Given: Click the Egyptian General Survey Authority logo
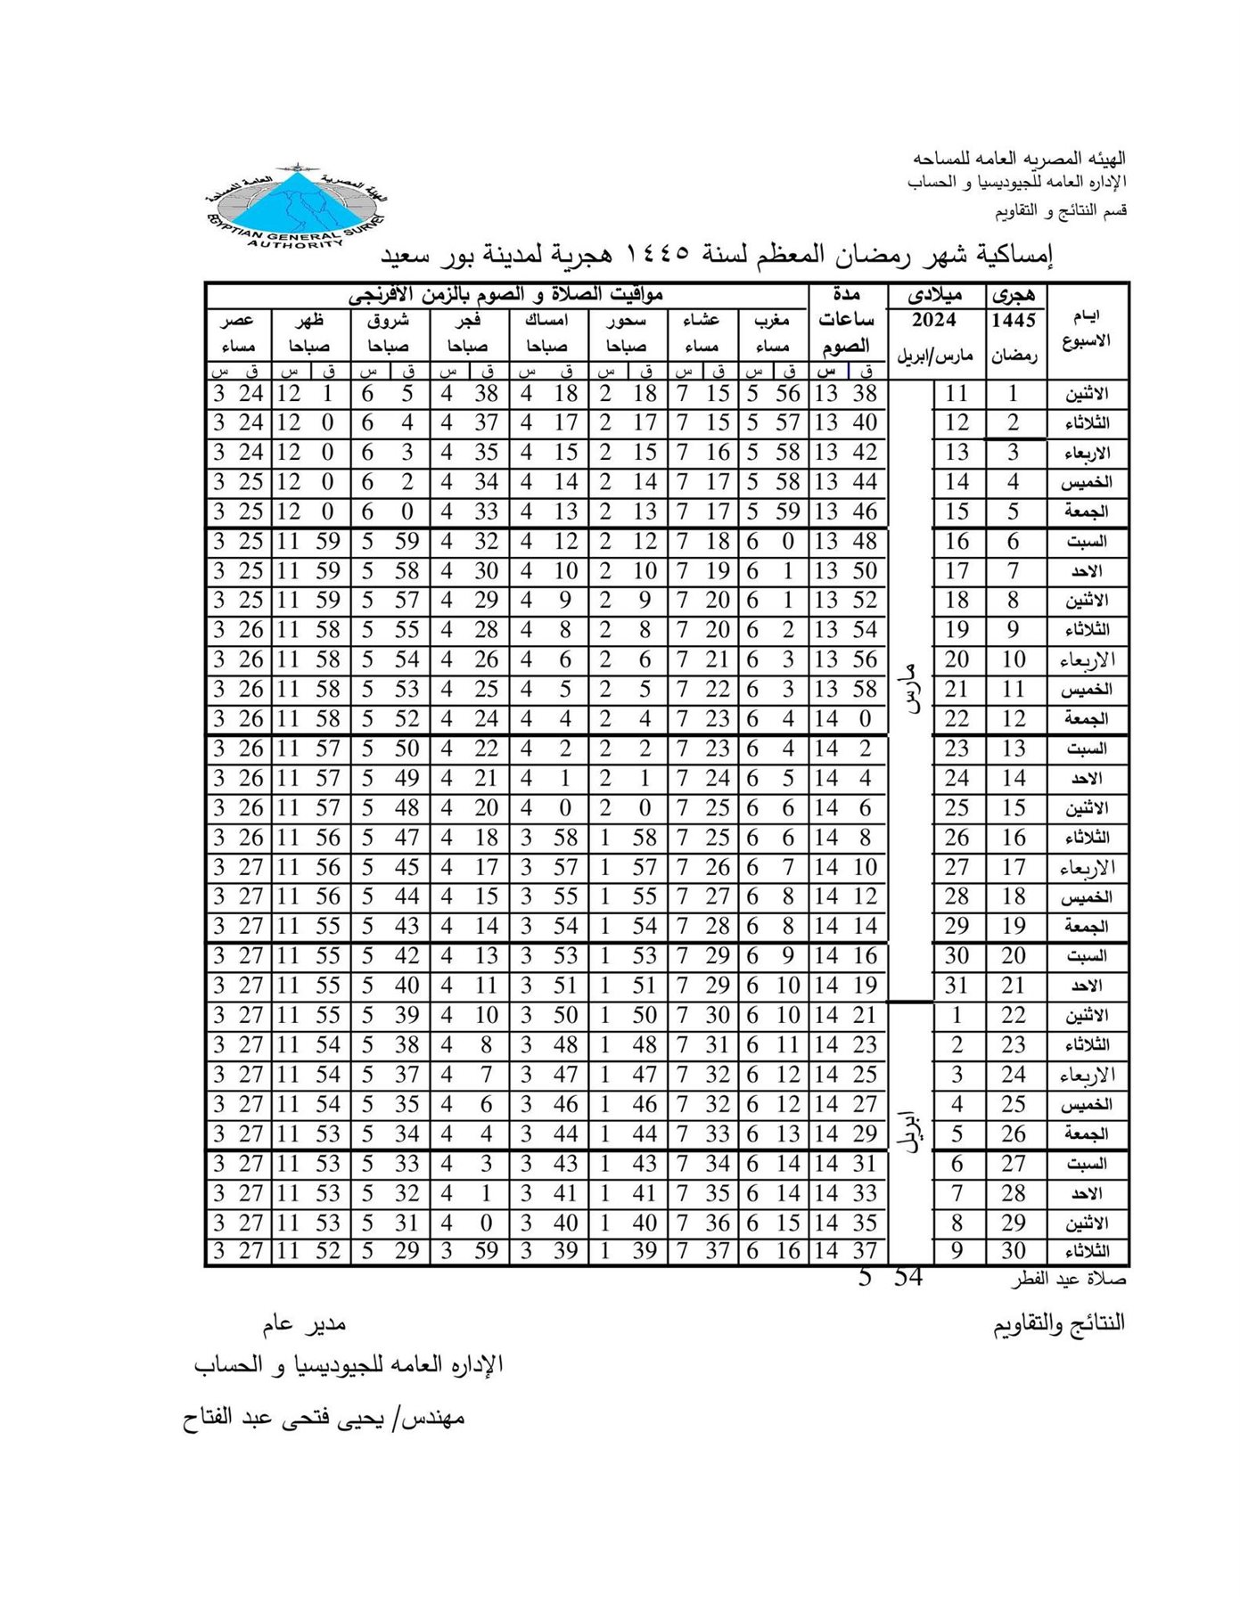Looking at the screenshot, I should pyautogui.click(x=293, y=207).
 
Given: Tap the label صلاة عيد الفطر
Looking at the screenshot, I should pyautogui.click(x=1068, y=1281).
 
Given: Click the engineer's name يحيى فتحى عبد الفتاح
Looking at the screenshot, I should pyautogui.click(x=323, y=1418).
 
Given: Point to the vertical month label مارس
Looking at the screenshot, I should pyautogui.click(x=910, y=689).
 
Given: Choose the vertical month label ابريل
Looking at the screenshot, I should pyautogui.click(x=910, y=1133).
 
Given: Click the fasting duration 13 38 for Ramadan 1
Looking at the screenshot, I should pyautogui.click(x=845, y=394).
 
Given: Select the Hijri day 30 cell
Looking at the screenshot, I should pyautogui.click(x=1014, y=1251).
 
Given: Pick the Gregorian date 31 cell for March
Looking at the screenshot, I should pyautogui.click(x=957, y=986).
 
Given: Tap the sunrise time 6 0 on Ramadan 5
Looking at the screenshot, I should pyautogui.click(x=388, y=512).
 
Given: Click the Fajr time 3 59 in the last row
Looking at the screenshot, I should pyautogui.click(x=469, y=1251).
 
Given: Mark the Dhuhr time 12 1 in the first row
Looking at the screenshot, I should pyautogui.click(x=308, y=394).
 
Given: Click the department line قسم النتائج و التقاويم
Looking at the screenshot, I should pyautogui.click(x=1061, y=211).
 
